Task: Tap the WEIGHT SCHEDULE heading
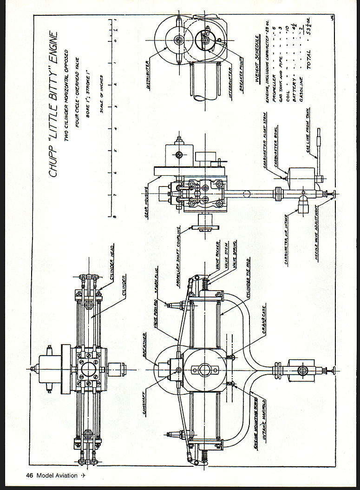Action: pos(256,83)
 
